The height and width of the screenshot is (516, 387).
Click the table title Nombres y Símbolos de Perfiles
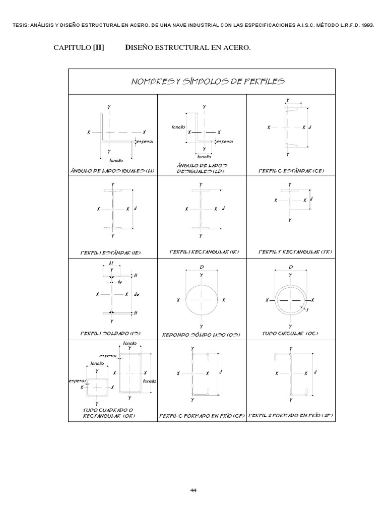[201, 81]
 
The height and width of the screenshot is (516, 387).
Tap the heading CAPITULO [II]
[79, 48]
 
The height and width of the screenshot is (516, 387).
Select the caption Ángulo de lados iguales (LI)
[113, 170]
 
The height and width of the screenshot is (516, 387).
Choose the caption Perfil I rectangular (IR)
[201, 251]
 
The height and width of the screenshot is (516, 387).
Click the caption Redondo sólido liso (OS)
[201, 334]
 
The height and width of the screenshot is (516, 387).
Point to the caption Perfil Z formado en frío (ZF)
[289, 416]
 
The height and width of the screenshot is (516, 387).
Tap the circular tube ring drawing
[291, 300]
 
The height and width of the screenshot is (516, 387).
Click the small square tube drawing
[96, 387]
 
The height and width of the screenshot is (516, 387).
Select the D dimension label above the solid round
[202, 267]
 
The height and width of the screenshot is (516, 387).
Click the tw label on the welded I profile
[119, 282]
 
